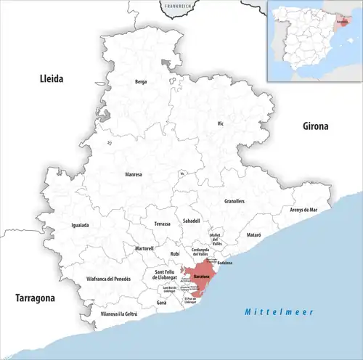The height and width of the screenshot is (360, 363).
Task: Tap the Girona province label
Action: (x=315, y=126)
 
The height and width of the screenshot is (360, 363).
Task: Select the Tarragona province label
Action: (x=36, y=298)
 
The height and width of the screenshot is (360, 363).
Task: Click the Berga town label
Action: (x=141, y=82)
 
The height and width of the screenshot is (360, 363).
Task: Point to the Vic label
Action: (x=221, y=124)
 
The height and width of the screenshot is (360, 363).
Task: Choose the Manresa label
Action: (x=134, y=174)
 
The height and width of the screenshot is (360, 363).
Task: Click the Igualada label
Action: (x=80, y=225)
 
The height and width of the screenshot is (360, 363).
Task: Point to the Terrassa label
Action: (x=163, y=224)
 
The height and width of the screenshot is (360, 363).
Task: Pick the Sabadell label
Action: (x=192, y=220)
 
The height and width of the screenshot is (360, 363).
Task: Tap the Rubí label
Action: (x=174, y=253)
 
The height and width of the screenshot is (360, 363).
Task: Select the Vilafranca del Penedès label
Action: (x=108, y=279)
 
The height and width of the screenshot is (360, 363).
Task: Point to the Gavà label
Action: (x=161, y=303)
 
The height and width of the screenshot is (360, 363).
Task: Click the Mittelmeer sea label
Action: (x=279, y=311)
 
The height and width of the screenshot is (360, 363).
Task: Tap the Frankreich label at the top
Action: (x=177, y=6)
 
